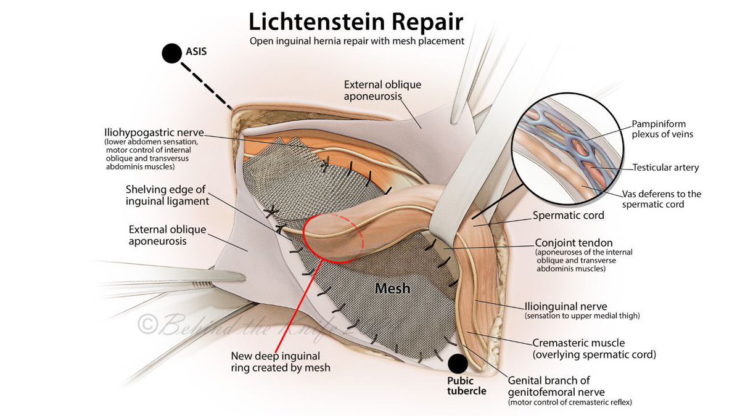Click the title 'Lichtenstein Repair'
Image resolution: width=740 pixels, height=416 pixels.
point(356,22)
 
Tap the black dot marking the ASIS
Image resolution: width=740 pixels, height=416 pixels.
point(172,54)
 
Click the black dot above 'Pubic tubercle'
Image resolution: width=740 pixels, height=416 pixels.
point(458,364)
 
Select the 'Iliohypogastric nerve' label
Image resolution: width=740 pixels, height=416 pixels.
point(154,133)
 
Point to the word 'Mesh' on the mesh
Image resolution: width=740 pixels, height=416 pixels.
point(392,288)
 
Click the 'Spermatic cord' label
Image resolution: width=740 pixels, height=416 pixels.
point(568,215)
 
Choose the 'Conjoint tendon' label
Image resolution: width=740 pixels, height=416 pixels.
point(574,243)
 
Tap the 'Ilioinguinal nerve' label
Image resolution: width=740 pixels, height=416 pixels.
point(566,306)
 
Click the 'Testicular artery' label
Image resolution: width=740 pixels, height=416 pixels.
point(665,168)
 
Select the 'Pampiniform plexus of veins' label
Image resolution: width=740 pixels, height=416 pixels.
point(662,129)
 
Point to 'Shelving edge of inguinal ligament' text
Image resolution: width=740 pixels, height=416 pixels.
point(168,195)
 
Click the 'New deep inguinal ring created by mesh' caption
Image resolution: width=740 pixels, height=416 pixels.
point(281,362)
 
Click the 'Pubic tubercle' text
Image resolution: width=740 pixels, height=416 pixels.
point(467,386)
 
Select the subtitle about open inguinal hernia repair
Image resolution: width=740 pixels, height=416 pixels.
point(357,41)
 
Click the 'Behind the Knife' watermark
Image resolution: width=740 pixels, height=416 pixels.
point(246,324)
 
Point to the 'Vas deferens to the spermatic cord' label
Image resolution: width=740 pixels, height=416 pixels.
point(662,198)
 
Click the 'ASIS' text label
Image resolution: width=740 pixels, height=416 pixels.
point(196,52)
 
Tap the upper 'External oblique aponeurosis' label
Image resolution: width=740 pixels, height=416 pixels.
point(382,90)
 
